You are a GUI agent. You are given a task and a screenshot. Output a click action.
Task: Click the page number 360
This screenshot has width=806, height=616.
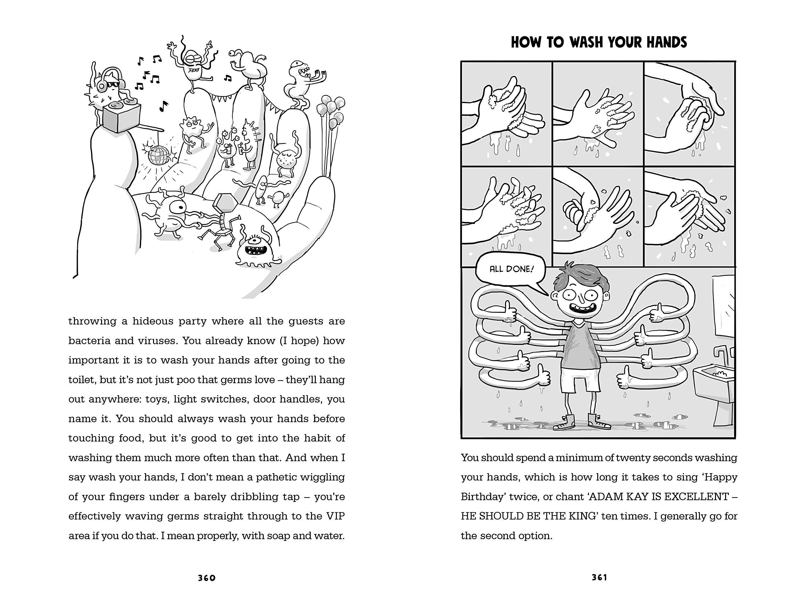pyautogui.click(x=207, y=578)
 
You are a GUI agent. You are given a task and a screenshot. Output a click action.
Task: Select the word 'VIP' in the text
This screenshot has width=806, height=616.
pyautogui.click(x=335, y=516)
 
